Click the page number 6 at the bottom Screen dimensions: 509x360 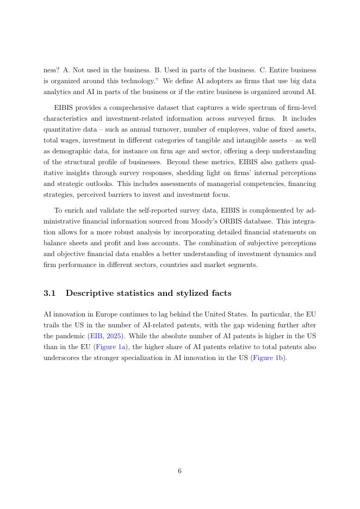tap(179, 471)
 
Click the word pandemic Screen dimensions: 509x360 tap(70, 336)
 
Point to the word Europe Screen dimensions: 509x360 tap(101, 314)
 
